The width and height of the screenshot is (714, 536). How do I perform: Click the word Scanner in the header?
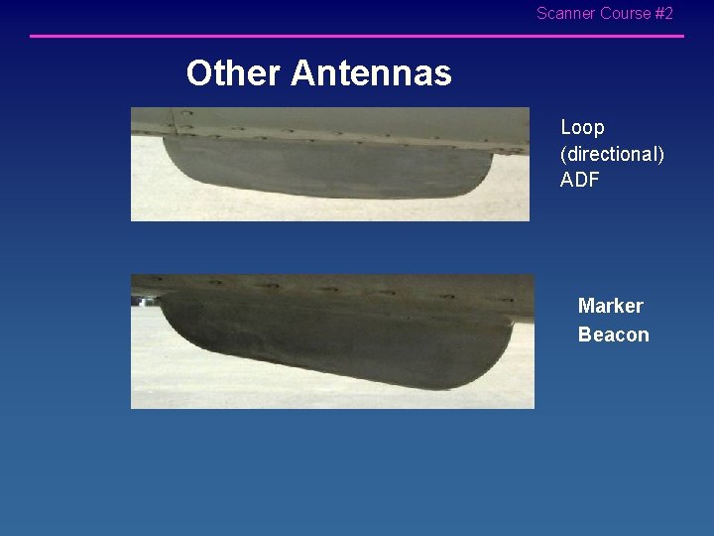(566, 14)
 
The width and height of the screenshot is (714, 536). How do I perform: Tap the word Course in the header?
(625, 14)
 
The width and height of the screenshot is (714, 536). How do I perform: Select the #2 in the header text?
(663, 14)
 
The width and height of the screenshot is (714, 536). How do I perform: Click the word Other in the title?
(234, 72)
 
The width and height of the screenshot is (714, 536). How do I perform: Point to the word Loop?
(582, 128)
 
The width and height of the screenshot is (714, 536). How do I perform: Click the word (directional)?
(612, 154)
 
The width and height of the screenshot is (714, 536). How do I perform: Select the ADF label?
(580, 181)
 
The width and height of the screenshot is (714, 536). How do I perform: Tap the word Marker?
(610, 306)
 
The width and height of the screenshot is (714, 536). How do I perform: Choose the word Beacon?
(613, 335)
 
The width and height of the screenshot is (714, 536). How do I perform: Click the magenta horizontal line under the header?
(357, 37)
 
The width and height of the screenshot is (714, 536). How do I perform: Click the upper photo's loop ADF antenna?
(327, 169)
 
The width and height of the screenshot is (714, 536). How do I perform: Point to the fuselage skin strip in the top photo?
(327, 122)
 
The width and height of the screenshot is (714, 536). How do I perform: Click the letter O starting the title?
(199, 72)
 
